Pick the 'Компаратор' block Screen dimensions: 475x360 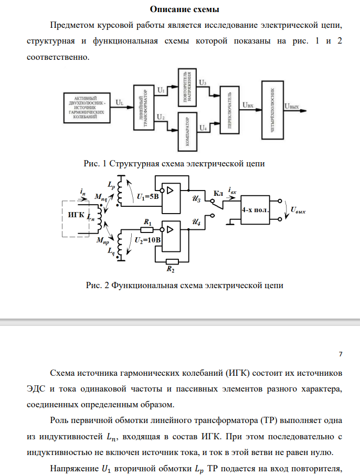pos(187,130)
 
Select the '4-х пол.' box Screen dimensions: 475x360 pos(255,209)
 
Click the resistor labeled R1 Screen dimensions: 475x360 pos(147,229)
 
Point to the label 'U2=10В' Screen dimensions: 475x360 pos(147,241)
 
